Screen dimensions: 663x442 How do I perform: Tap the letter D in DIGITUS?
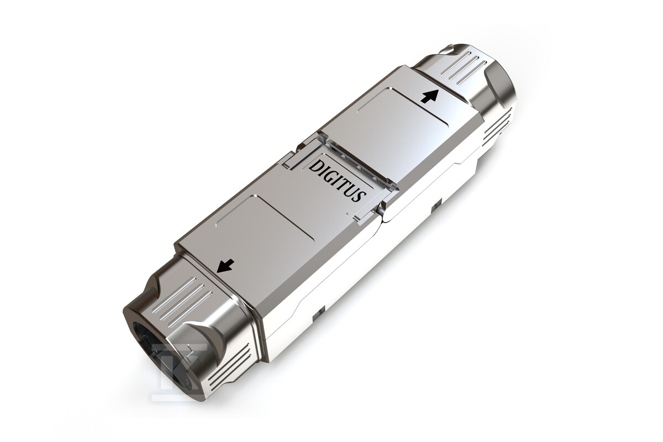tap(314, 167)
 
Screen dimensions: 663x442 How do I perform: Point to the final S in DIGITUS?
tap(361, 196)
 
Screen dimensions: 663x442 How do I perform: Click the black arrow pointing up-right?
tap(430, 96)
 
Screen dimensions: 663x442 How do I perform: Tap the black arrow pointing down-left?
tap(225, 266)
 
